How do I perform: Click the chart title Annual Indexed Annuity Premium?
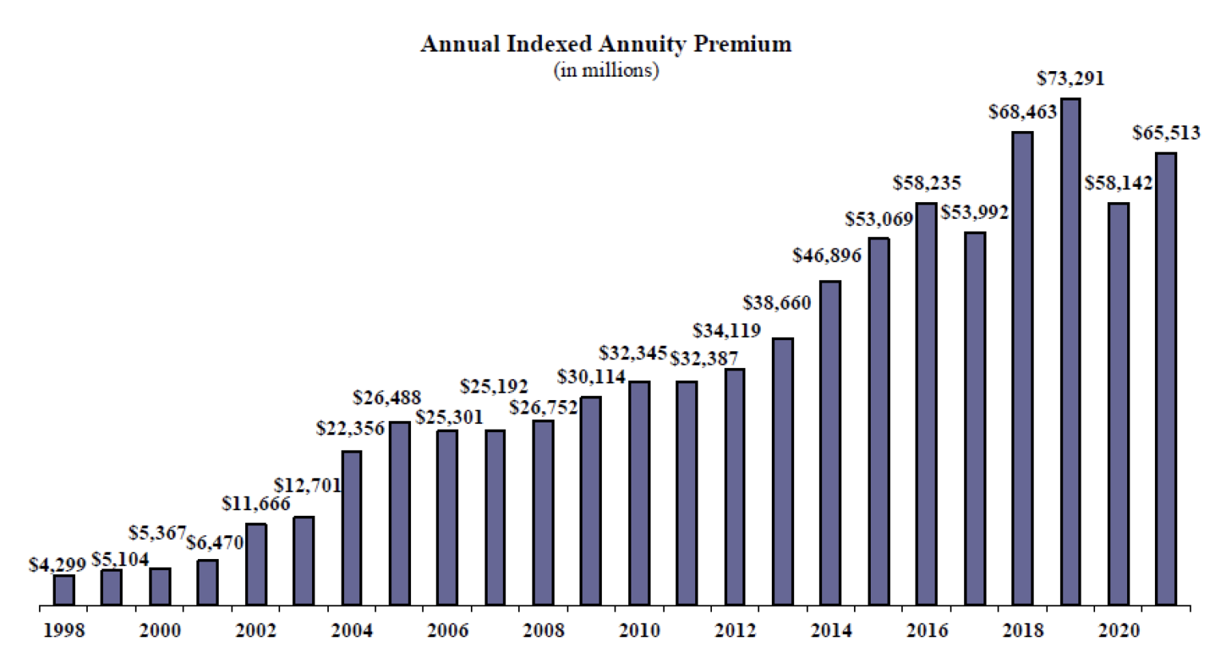(x=606, y=44)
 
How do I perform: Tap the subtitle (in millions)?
(x=606, y=71)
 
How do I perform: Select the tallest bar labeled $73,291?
(x=1070, y=351)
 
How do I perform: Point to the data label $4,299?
(x=57, y=565)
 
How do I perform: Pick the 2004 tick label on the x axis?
(x=351, y=631)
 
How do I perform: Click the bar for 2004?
(x=351, y=527)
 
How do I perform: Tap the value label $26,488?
(x=386, y=398)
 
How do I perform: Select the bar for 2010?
(x=639, y=493)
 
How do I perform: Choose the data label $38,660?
(x=777, y=303)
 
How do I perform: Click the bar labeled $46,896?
(x=830, y=442)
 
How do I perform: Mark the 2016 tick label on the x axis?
(x=927, y=631)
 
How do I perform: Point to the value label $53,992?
(x=974, y=212)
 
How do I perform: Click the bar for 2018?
(x=1022, y=368)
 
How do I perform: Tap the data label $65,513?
(x=1166, y=133)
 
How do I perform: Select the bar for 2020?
(x=1118, y=403)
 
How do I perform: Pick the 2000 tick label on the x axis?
(x=160, y=631)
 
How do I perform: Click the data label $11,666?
(x=255, y=504)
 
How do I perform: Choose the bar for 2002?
(x=255, y=564)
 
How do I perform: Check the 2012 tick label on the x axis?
(x=735, y=631)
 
